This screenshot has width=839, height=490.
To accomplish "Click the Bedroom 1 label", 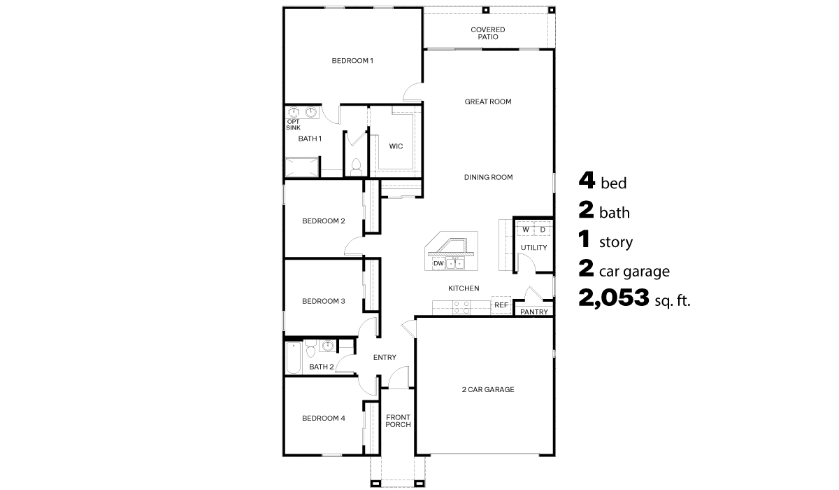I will click(x=352, y=61).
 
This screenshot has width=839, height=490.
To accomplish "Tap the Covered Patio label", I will click(x=487, y=33).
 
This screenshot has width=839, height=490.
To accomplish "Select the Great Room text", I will click(x=488, y=101).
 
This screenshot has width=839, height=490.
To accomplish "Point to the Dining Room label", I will click(x=488, y=177).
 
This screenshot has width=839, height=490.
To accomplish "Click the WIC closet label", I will click(x=396, y=146).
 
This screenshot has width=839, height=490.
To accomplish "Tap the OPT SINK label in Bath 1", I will click(x=294, y=125).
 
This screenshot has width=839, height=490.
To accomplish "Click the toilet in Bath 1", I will click(x=355, y=167).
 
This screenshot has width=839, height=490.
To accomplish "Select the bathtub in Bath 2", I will click(x=294, y=357).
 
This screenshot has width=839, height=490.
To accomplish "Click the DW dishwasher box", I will click(x=438, y=264).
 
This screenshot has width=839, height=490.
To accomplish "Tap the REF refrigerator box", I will click(x=501, y=305).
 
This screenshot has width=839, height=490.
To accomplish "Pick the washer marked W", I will click(x=526, y=230).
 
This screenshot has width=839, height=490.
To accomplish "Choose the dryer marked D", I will click(x=542, y=230).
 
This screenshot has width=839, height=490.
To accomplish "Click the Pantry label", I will click(x=533, y=311).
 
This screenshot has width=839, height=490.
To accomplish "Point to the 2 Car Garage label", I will click(x=487, y=389).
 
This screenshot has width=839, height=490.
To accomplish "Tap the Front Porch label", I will click(x=398, y=421).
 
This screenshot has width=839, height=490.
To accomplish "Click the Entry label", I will click(x=385, y=358).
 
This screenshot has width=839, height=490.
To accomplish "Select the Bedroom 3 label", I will click(x=323, y=301).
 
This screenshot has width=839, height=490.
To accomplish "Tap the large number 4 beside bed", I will click(x=587, y=181).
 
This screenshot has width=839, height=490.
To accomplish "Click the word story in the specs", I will click(x=615, y=243).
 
